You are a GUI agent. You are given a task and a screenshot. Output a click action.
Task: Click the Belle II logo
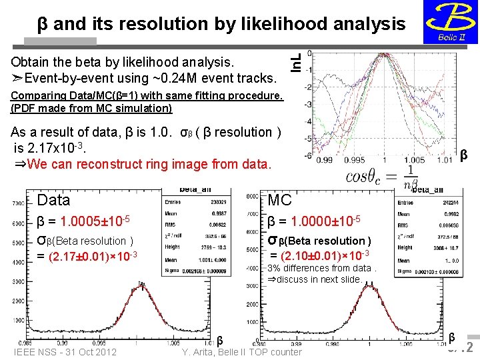tap(450, 21)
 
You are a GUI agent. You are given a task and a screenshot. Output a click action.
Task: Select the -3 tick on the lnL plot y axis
tap(308, 105)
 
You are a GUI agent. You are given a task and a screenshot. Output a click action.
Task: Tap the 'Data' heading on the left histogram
tap(54, 200)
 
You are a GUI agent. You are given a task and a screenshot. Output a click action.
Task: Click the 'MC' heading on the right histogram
tap(279, 200)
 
